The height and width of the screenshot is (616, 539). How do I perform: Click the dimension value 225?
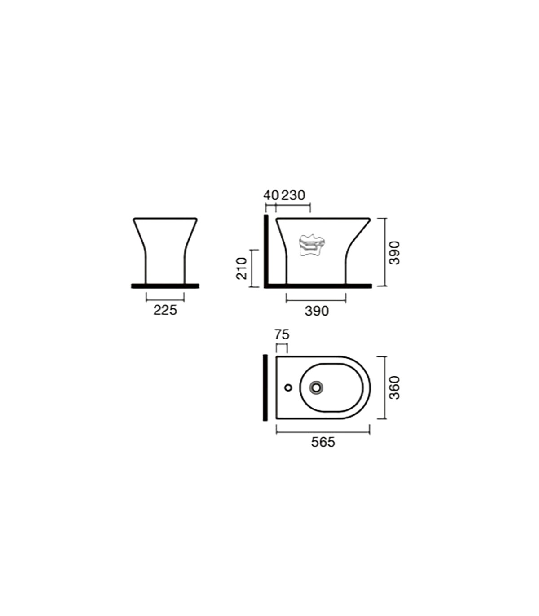pyautogui.click(x=165, y=310)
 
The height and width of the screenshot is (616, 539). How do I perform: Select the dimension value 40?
pyautogui.click(x=271, y=195)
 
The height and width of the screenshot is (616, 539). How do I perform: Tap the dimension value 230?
pyautogui.click(x=293, y=195)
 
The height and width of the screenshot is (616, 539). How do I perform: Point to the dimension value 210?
pyautogui.click(x=242, y=268)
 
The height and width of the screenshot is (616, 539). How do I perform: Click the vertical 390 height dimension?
pyautogui.click(x=394, y=253)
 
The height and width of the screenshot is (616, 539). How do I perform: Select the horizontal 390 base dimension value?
pyautogui.click(x=317, y=311)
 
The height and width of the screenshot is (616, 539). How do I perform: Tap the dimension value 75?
pyautogui.click(x=282, y=335)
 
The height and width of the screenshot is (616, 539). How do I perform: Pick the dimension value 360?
pyautogui.click(x=394, y=387)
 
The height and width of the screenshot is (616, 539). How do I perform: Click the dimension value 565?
pyautogui.click(x=323, y=442)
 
